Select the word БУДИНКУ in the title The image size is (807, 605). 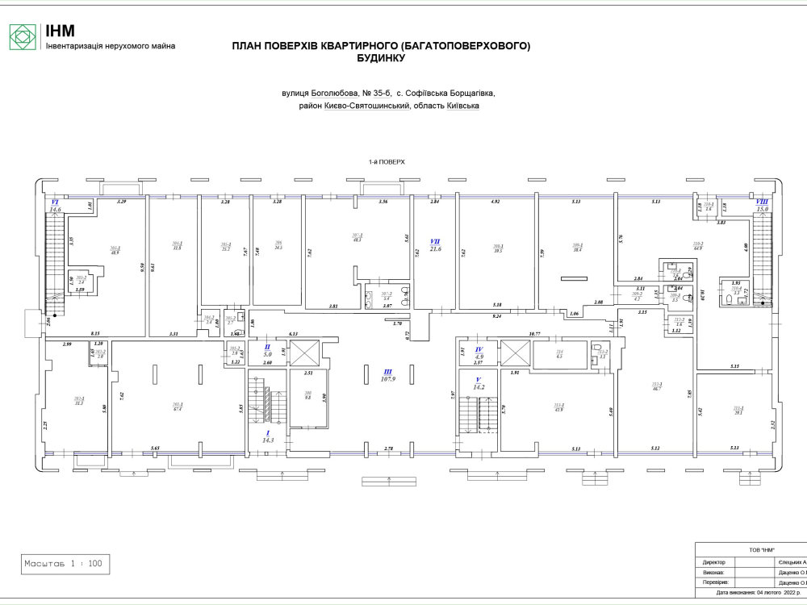pyautogui.click(x=380, y=59)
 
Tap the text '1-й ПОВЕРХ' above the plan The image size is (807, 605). pyautogui.click(x=386, y=162)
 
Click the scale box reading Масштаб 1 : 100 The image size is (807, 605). pyautogui.click(x=65, y=564)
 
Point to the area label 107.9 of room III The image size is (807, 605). pyautogui.click(x=387, y=380)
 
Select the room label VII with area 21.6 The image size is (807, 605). pyautogui.click(x=435, y=245)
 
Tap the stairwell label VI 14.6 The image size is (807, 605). pyautogui.click(x=55, y=206)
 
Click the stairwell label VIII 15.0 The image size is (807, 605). pyautogui.click(x=761, y=206)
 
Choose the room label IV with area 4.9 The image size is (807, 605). pyautogui.click(x=479, y=353)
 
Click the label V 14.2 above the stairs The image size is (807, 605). pyautogui.click(x=479, y=382)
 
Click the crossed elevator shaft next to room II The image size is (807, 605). pyautogui.click(x=304, y=352)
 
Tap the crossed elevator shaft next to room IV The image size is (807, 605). pyautogui.click(x=513, y=352)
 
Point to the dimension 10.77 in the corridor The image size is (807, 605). pyautogui.click(x=533, y=334)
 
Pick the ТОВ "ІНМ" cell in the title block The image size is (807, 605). pyautogui.click(x=751, y=549)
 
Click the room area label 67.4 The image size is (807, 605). pyautogui.click(x=177, y=408)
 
